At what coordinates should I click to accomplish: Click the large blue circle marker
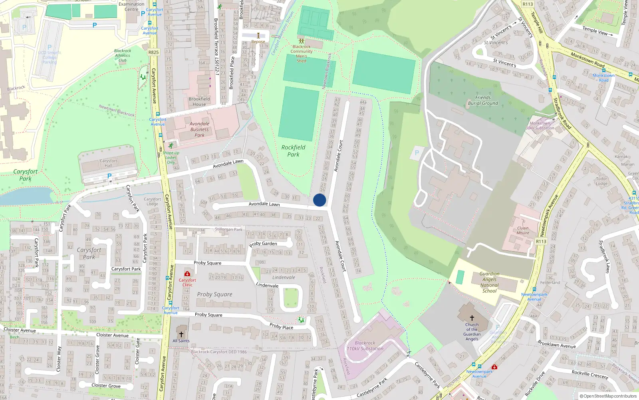tap(319, 200)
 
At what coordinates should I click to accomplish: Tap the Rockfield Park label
tap(293, 151)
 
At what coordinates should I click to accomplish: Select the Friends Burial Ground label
tap(483, 100)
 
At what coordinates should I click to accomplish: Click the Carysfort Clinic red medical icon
tap(187, 274)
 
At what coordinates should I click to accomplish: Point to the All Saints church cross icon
tap(181, 334)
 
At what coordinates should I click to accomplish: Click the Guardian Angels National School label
tap(489, 282)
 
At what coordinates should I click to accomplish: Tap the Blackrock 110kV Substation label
tap(365, 346)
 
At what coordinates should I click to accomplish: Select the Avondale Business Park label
tap(199, 130)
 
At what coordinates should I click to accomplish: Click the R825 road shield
tap(153, 52)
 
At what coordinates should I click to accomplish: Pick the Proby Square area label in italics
tap(214, 294)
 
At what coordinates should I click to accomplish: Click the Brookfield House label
tap(199, 102)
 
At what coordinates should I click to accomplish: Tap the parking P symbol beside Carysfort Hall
tap(109, 176)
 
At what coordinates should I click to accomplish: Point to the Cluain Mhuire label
tap(523, 230)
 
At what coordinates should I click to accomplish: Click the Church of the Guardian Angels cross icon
tap(472, 318)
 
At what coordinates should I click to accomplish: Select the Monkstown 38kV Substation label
tap(540, 126)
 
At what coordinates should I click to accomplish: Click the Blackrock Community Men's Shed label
tap(302, 54)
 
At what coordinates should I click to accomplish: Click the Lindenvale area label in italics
tap(284, 277)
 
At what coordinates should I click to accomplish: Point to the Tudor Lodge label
tap(601, 181)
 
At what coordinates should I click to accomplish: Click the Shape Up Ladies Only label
tap(171, 158)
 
